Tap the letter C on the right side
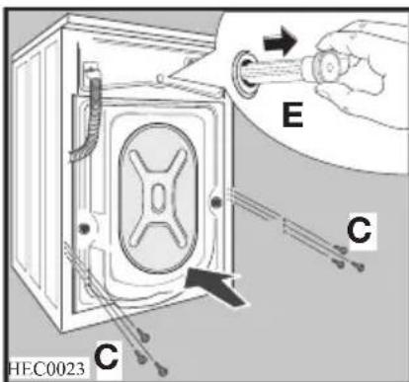tap(361, 231)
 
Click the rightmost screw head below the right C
tap(361, 265)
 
